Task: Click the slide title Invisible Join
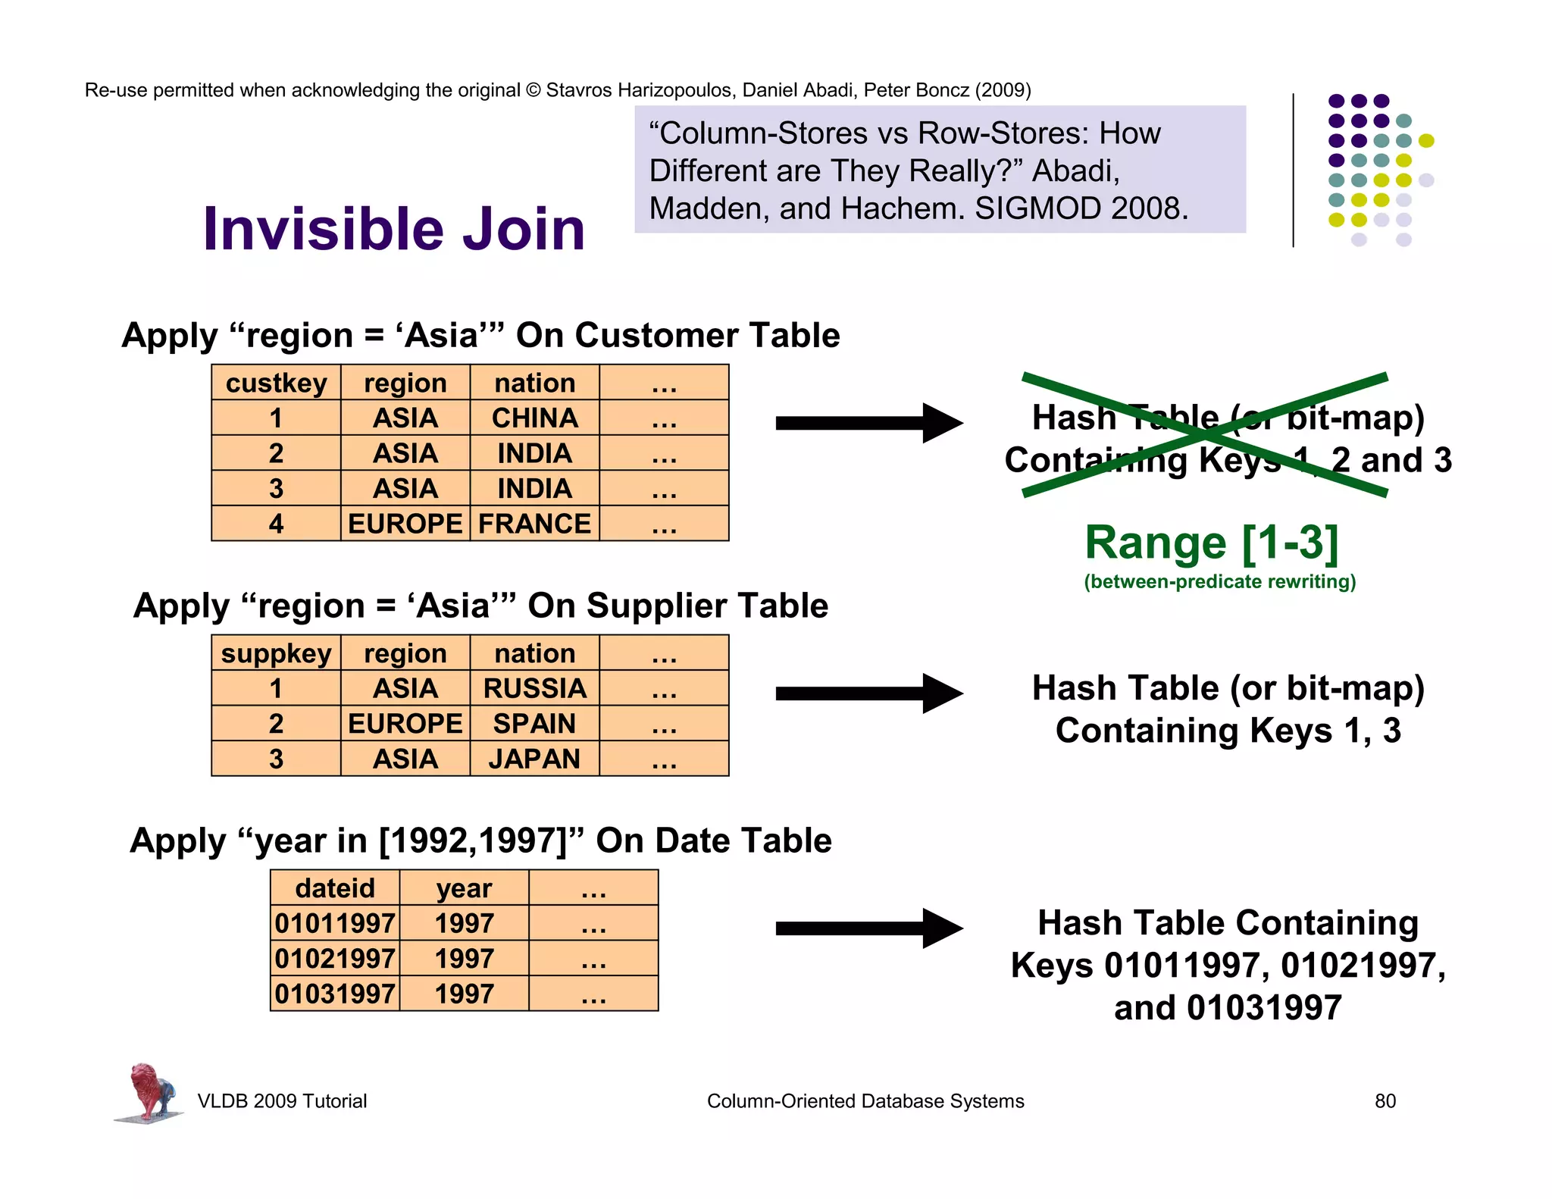pos(393,229)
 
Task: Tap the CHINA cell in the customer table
pos(534,418)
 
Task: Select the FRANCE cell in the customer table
pos(534,524)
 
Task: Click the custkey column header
pos(276,383)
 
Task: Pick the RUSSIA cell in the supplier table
pos(534,688)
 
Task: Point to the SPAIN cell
pos(534,724)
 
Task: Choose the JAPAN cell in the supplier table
pos(534,759)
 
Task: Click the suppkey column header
pos(276,653)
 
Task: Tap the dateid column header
pos(335,888)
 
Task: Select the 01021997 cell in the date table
pos(335,959)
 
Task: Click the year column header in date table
pos(464,888)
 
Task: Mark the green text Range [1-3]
pos(1212,543)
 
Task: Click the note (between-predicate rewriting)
pos(1219,581)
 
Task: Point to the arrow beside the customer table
pos(868,423)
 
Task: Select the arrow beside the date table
pos(868,928)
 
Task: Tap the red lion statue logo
pos(150,1091)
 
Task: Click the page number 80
pos(1385,1101)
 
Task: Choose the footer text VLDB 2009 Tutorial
pos(282,1101)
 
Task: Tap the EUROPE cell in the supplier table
pos(405,724)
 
